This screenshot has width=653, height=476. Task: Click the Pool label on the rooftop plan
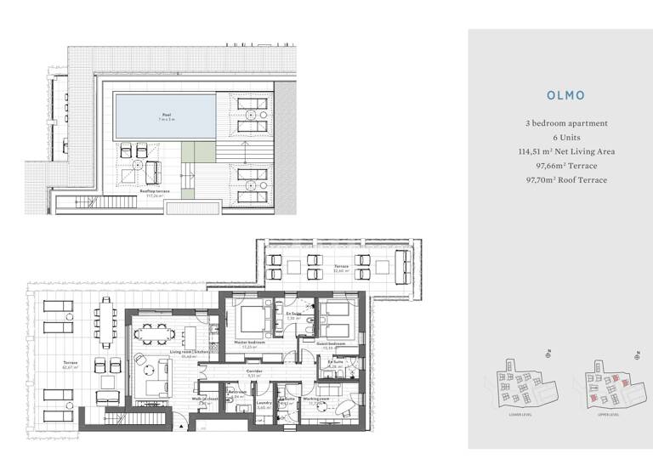(x=166, y=115)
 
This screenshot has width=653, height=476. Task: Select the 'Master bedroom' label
(x=249, y=344)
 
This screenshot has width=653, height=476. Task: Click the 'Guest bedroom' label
(x=332, y=344)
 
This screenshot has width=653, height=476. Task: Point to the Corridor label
(x=253, y=371)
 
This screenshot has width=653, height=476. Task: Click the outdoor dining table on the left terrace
(x=105, y=323)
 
